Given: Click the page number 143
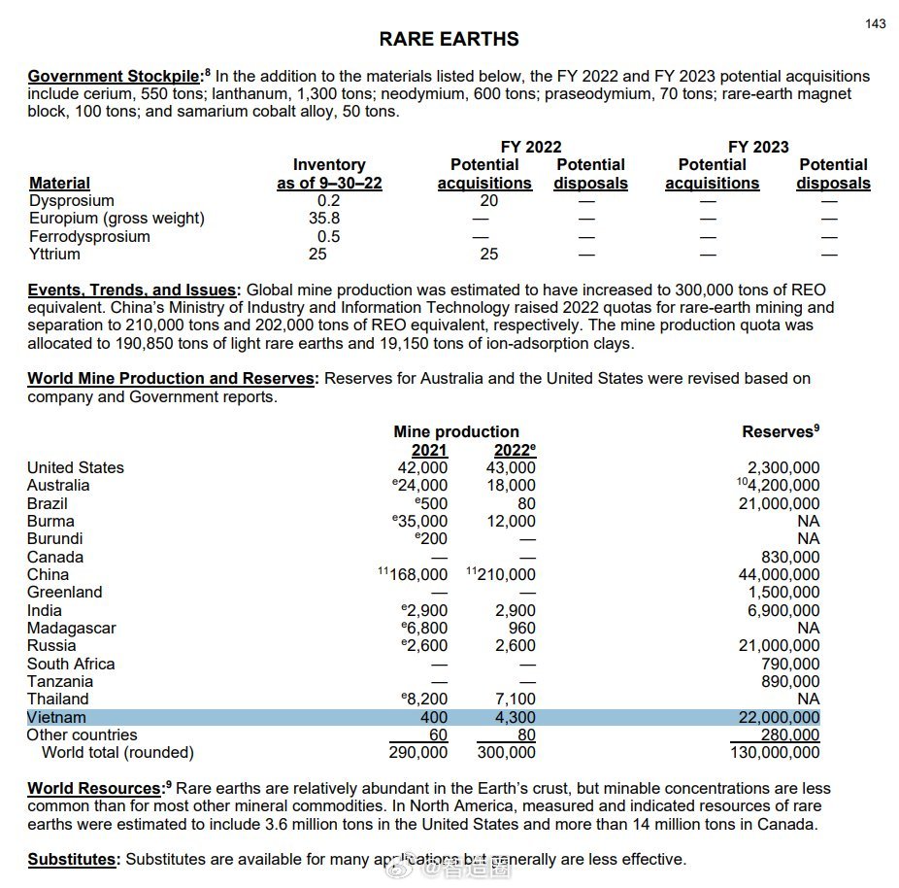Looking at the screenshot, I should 875,23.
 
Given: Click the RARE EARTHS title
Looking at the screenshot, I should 449,40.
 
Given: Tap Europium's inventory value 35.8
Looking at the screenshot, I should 324,219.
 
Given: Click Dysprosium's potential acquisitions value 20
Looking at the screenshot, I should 488,201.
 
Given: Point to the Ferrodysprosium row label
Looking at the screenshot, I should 89,236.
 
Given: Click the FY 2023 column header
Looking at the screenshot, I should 758,147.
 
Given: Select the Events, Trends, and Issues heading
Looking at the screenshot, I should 132,290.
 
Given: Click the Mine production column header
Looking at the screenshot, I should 456,431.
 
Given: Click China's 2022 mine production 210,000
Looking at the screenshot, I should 506,574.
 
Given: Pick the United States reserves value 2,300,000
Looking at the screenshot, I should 782,467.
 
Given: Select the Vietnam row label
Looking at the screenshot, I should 56,717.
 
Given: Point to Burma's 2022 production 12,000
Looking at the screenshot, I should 511,521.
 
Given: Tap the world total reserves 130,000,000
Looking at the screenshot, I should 773,752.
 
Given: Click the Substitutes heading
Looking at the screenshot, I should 72,859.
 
